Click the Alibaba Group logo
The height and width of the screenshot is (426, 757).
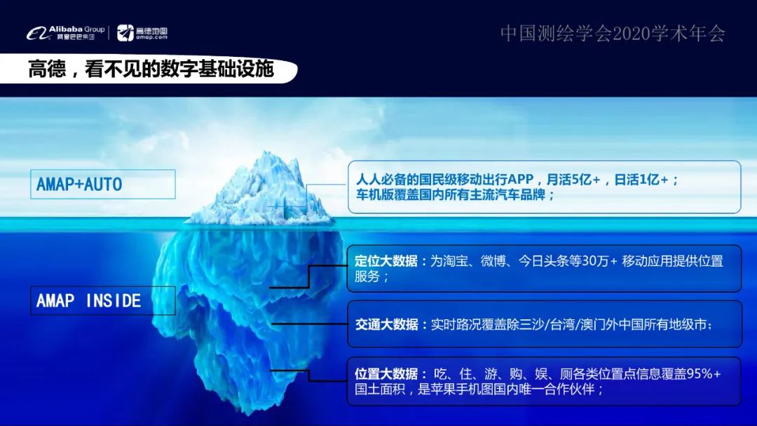click(66, 32)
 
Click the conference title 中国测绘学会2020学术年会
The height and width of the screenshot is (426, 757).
click(613, 33)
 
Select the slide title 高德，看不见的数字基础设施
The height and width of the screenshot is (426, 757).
click(151, 70)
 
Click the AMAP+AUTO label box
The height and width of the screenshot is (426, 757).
click(102, 184)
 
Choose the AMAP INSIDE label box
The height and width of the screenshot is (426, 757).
click(102, 300)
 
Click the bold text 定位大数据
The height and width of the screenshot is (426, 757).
click(386, 261)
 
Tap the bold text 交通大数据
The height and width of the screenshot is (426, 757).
click(386, 325)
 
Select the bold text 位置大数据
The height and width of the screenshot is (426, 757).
click(386, 374)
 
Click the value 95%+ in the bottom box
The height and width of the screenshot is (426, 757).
click(702, 374)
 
